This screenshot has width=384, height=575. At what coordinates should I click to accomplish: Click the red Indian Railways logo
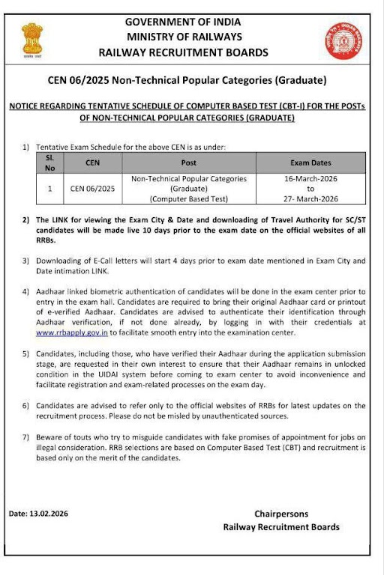pyautogui.click(x=343, y=40)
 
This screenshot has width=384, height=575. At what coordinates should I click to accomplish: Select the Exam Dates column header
pyautogui.click(x=310, y=162)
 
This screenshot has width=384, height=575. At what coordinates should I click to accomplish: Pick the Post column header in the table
pyautogui.click(x=189, y=162)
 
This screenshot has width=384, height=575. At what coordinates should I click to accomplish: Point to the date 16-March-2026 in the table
pyautogui.click(x=310, y=180)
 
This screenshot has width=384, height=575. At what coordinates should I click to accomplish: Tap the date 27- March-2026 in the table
pyautogui.click(x=310, y=198)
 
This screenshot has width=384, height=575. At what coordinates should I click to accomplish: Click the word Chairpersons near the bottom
pyautogui.click(x=281, y=514)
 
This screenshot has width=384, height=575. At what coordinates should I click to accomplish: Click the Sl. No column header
pyautogui.click(x=49, y=162)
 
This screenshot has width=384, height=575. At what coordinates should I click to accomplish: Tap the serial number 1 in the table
pyautogui.click(x=49, y=189)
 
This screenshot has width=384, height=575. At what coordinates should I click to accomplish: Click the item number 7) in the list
pyautogui.click(x=25, y=436)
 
